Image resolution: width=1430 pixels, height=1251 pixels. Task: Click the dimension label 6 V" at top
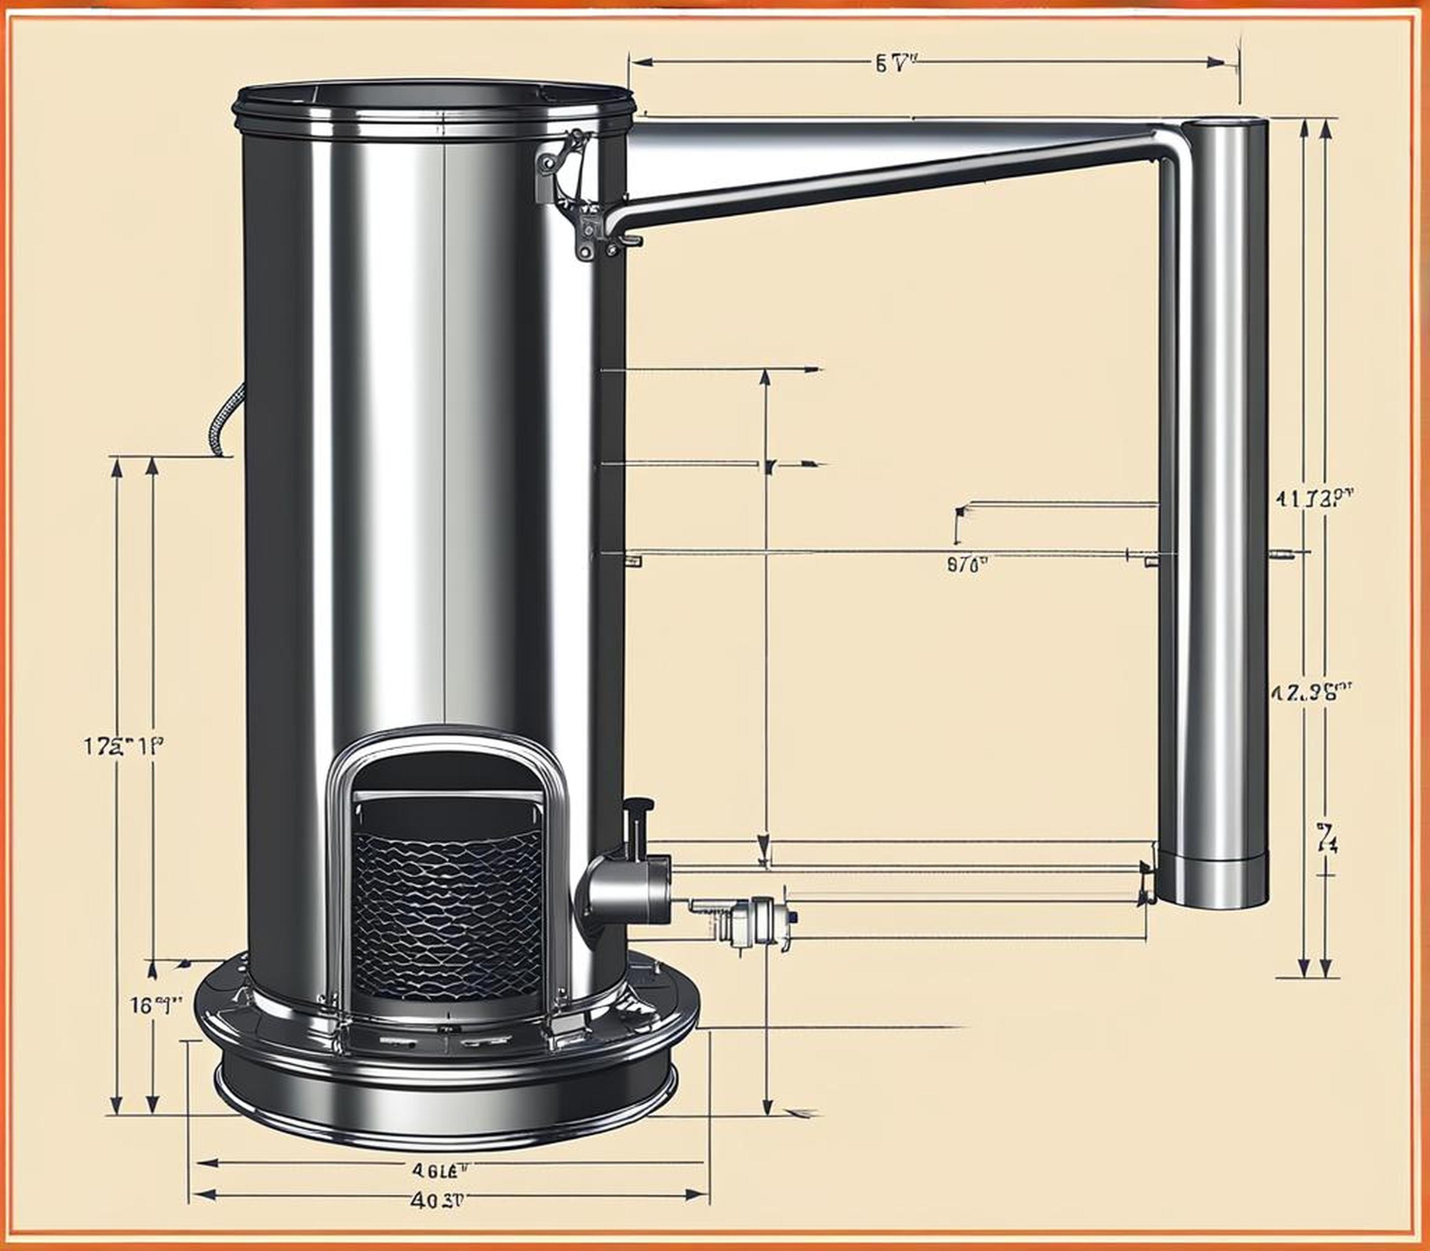(x=894, y=64)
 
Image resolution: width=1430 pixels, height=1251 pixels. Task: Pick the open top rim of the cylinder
(x=433, y=98)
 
